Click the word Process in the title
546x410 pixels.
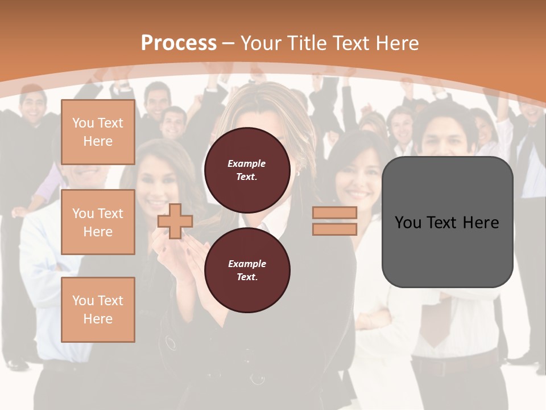[x=179, y=43]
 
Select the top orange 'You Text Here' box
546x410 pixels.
[x=98, y=132]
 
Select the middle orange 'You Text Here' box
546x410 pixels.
[x=98, y=222]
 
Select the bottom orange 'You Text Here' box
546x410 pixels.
[x=98, y=309]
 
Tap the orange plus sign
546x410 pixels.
[x=175, y=221]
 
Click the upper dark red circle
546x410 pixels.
[x=247, y=170]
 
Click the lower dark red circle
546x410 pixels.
[x=247, y=270]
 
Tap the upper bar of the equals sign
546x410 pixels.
[x=334, y=213]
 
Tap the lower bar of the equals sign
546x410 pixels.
[x=334, y=229]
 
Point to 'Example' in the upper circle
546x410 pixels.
[x=247, y=163]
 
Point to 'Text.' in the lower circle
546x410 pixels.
[x=247, y=277]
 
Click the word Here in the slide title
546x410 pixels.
[x=398, y=43]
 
